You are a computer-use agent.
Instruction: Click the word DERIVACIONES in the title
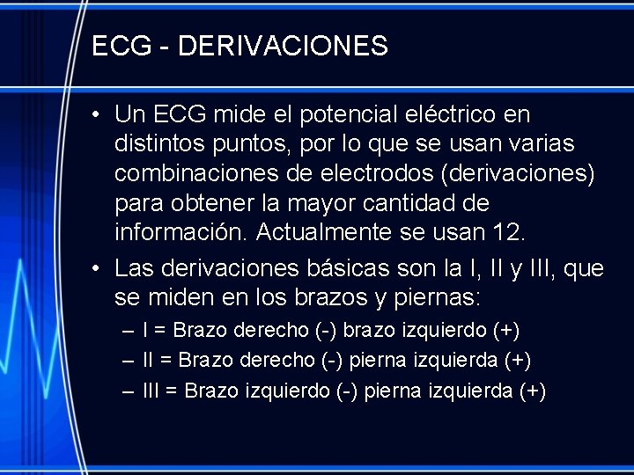click(x=283, y=46)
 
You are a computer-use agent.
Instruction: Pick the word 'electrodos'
click(x=358, y=173)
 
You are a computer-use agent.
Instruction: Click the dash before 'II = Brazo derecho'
click(x=129, y=361)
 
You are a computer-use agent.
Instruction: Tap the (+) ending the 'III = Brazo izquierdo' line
click(x=534, y=391)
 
